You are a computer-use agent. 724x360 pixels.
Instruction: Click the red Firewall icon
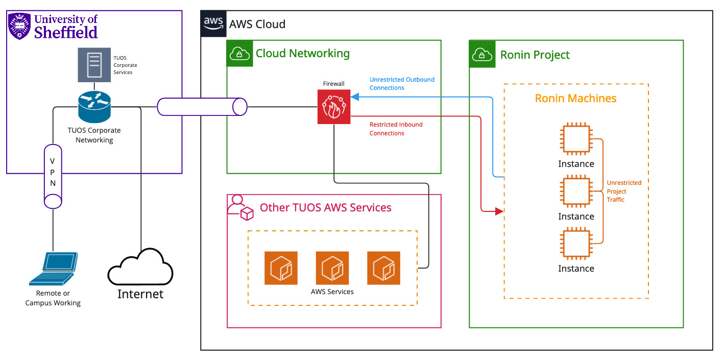point(334,107)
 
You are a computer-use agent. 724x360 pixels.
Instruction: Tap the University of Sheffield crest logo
point(19,26)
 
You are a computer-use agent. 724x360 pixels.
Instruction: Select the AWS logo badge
point(213,23)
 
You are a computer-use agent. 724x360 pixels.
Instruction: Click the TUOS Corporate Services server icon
point(94,65)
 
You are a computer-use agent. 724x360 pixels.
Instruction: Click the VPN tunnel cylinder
point(53,176)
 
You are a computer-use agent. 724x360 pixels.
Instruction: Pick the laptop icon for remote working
point(54,269)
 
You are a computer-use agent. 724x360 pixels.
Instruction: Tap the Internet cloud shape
point(140,268)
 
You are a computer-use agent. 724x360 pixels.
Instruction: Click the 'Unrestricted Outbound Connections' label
point(402,84)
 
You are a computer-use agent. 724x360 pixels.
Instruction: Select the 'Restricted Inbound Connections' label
point(396,129)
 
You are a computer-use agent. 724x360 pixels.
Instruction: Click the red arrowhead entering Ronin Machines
point(499,210)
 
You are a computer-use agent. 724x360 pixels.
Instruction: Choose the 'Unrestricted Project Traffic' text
point(623,191)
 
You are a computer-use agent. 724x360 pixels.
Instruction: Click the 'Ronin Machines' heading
point(575,98)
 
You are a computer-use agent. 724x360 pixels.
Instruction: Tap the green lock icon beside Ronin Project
point(482,54)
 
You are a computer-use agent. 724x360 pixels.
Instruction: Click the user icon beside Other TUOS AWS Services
point(240,207)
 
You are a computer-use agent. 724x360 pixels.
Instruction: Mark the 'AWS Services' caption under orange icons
point(332,292)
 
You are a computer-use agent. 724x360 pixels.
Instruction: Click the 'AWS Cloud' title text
point(257,24)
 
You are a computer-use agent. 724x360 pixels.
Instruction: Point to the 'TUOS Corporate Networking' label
point(94,135)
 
